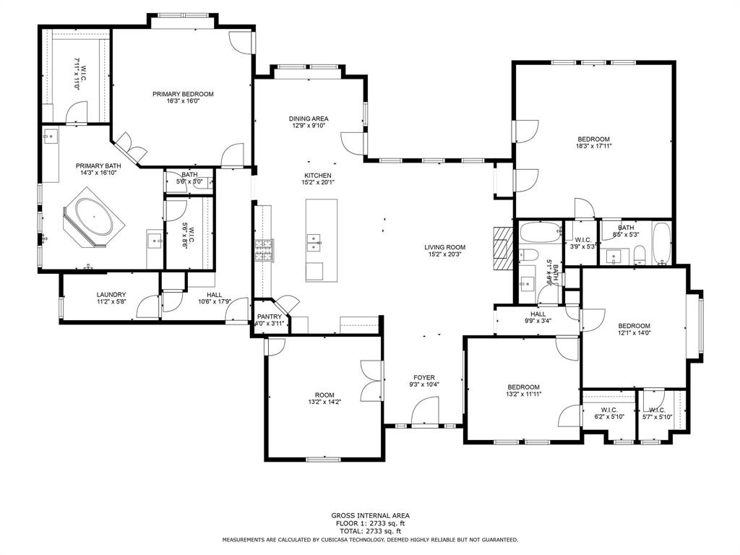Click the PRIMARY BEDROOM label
click(x=183, y=94)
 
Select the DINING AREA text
click(x=309, y=119)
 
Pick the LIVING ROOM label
click(x=444, y=247)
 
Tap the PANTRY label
click(x=269, y=317)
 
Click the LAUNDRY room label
click(x=111, y=294)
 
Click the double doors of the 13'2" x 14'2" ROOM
click(x=374, y=381)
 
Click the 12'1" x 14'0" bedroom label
click(x=634, y=326)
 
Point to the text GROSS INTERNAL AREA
click(x=369, y=515)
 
